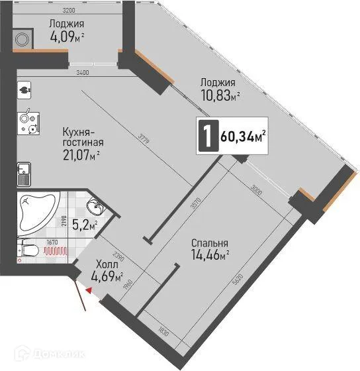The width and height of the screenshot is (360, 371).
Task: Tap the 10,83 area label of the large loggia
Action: [x=218, y=95]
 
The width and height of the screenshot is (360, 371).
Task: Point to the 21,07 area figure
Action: [x=79, y=156]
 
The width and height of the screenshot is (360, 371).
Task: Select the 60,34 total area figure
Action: [x=243, y=137]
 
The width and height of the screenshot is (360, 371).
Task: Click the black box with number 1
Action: [x=208, y=136]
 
